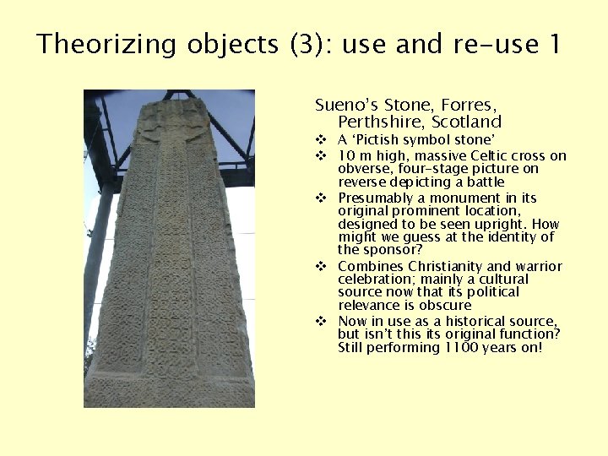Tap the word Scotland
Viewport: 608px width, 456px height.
click(x=467, y=122)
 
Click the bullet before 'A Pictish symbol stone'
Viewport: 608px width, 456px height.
click(x=321, y=140)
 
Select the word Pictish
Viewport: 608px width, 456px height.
click(x=377, y=140)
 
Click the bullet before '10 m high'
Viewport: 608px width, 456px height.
click(x=321, y=156)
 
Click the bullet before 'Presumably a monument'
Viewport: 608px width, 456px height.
click(x=321, y=198)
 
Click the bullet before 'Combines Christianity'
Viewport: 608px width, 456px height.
click(x=321, y=266)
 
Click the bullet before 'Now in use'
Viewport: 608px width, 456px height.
click(x=321, y=322)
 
